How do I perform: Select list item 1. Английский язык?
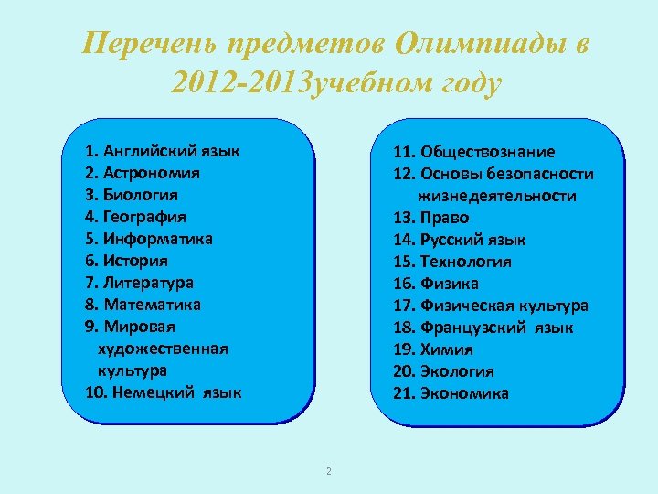click(162, 151)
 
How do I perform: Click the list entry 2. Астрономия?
click(142, 173)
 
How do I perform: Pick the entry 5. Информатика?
click(148, 239)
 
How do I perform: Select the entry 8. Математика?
click(143, 305)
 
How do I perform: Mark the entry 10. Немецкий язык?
click(164, 393)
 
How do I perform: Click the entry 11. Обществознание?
click(473, 152)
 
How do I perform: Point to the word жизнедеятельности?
click(497, 196)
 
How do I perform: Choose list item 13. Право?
click(430, 218)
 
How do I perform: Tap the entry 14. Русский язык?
click(459, 240)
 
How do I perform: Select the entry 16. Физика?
click(435, 284)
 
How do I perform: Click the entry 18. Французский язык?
click(483, 328)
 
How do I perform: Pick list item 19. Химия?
click(432, 349)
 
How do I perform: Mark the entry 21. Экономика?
click(451, 393)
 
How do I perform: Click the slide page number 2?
click(328, 471)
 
